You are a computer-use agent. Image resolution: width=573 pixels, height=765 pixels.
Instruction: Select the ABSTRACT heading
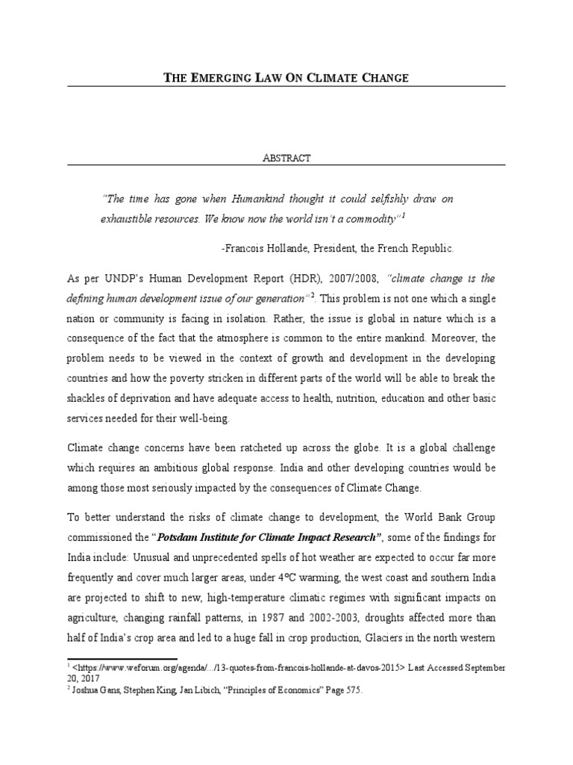click(286, 158)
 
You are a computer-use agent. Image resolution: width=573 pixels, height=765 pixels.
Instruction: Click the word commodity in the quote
click(369, 218)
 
